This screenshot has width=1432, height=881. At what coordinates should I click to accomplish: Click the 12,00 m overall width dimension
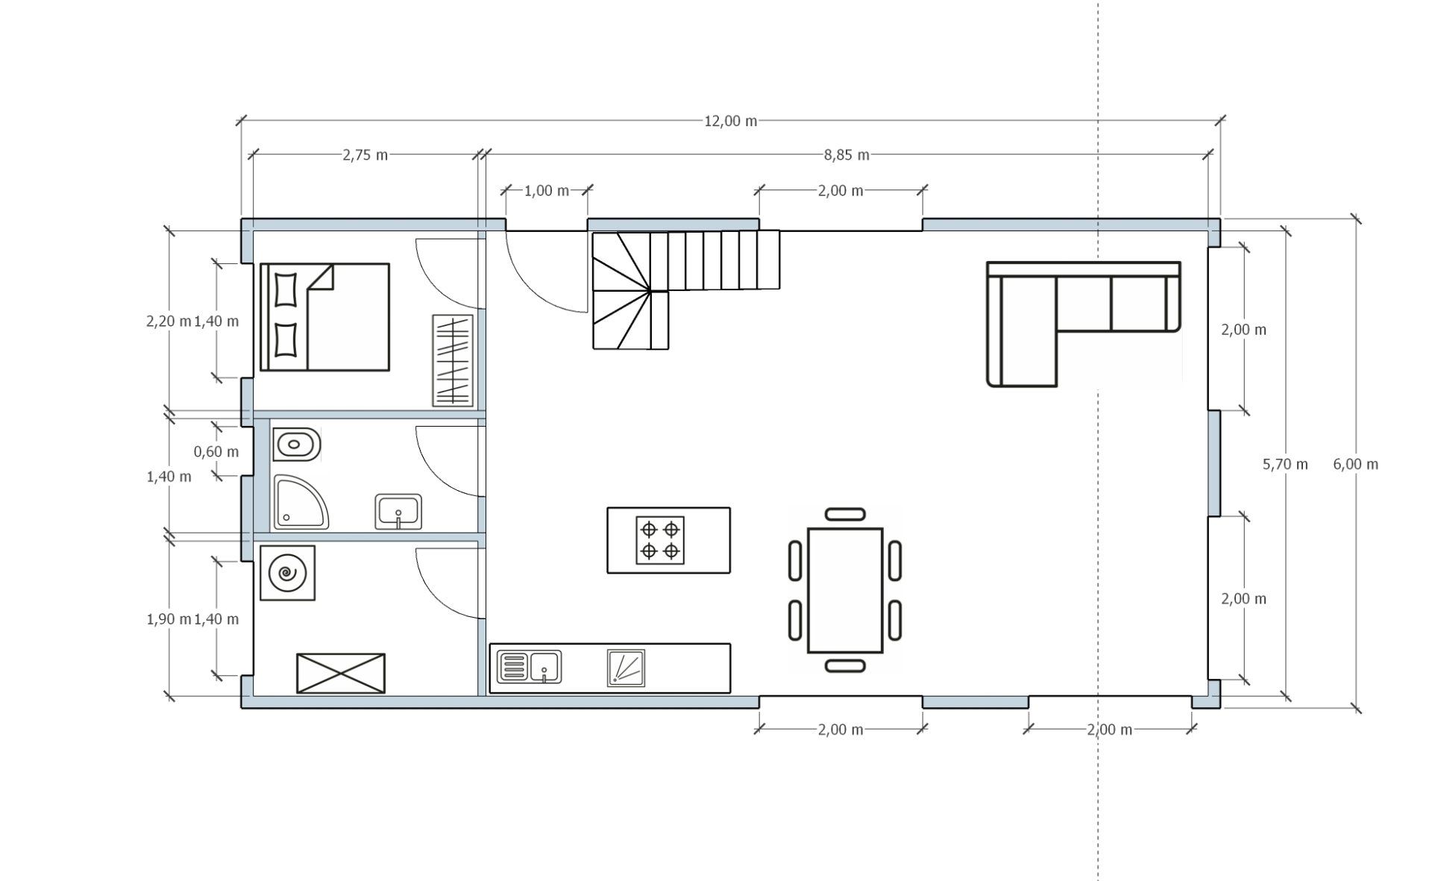[x=730, y=121]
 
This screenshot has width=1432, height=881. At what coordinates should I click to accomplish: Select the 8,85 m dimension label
[x=847, y=155]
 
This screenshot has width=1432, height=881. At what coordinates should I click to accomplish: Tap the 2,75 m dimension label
[x=365, y=155]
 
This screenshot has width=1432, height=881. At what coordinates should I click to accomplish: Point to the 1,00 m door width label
[x=547, y=191]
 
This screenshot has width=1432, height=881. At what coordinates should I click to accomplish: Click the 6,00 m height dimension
[x=1355, y=464]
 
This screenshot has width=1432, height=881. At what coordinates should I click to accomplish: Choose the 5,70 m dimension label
[x=1285, y=464]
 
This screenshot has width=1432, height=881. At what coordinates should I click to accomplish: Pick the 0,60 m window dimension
[x=216, y=451]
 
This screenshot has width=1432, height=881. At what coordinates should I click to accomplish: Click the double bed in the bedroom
[x=324, y=317]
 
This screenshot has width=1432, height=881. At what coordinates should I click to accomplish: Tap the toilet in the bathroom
[x=297, y=445]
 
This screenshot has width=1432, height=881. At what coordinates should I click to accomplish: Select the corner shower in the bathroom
[x=301, y=503]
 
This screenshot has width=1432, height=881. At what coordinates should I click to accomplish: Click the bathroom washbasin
[x=398, y=512]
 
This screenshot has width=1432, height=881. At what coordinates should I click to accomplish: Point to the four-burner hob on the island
[x=660, y=540]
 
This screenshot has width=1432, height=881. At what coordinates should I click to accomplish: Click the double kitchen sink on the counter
[x=529, y=666]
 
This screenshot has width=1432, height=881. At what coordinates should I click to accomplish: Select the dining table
[x=845, y=590]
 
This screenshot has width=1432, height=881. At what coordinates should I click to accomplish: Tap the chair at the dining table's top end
[x=845, y=514]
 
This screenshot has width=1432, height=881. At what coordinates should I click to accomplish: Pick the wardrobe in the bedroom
[x=453, y=360]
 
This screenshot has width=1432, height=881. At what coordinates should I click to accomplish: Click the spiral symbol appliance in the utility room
[x=287, y=573]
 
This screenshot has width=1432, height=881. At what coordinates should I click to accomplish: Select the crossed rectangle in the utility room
[x=341, y=674]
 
